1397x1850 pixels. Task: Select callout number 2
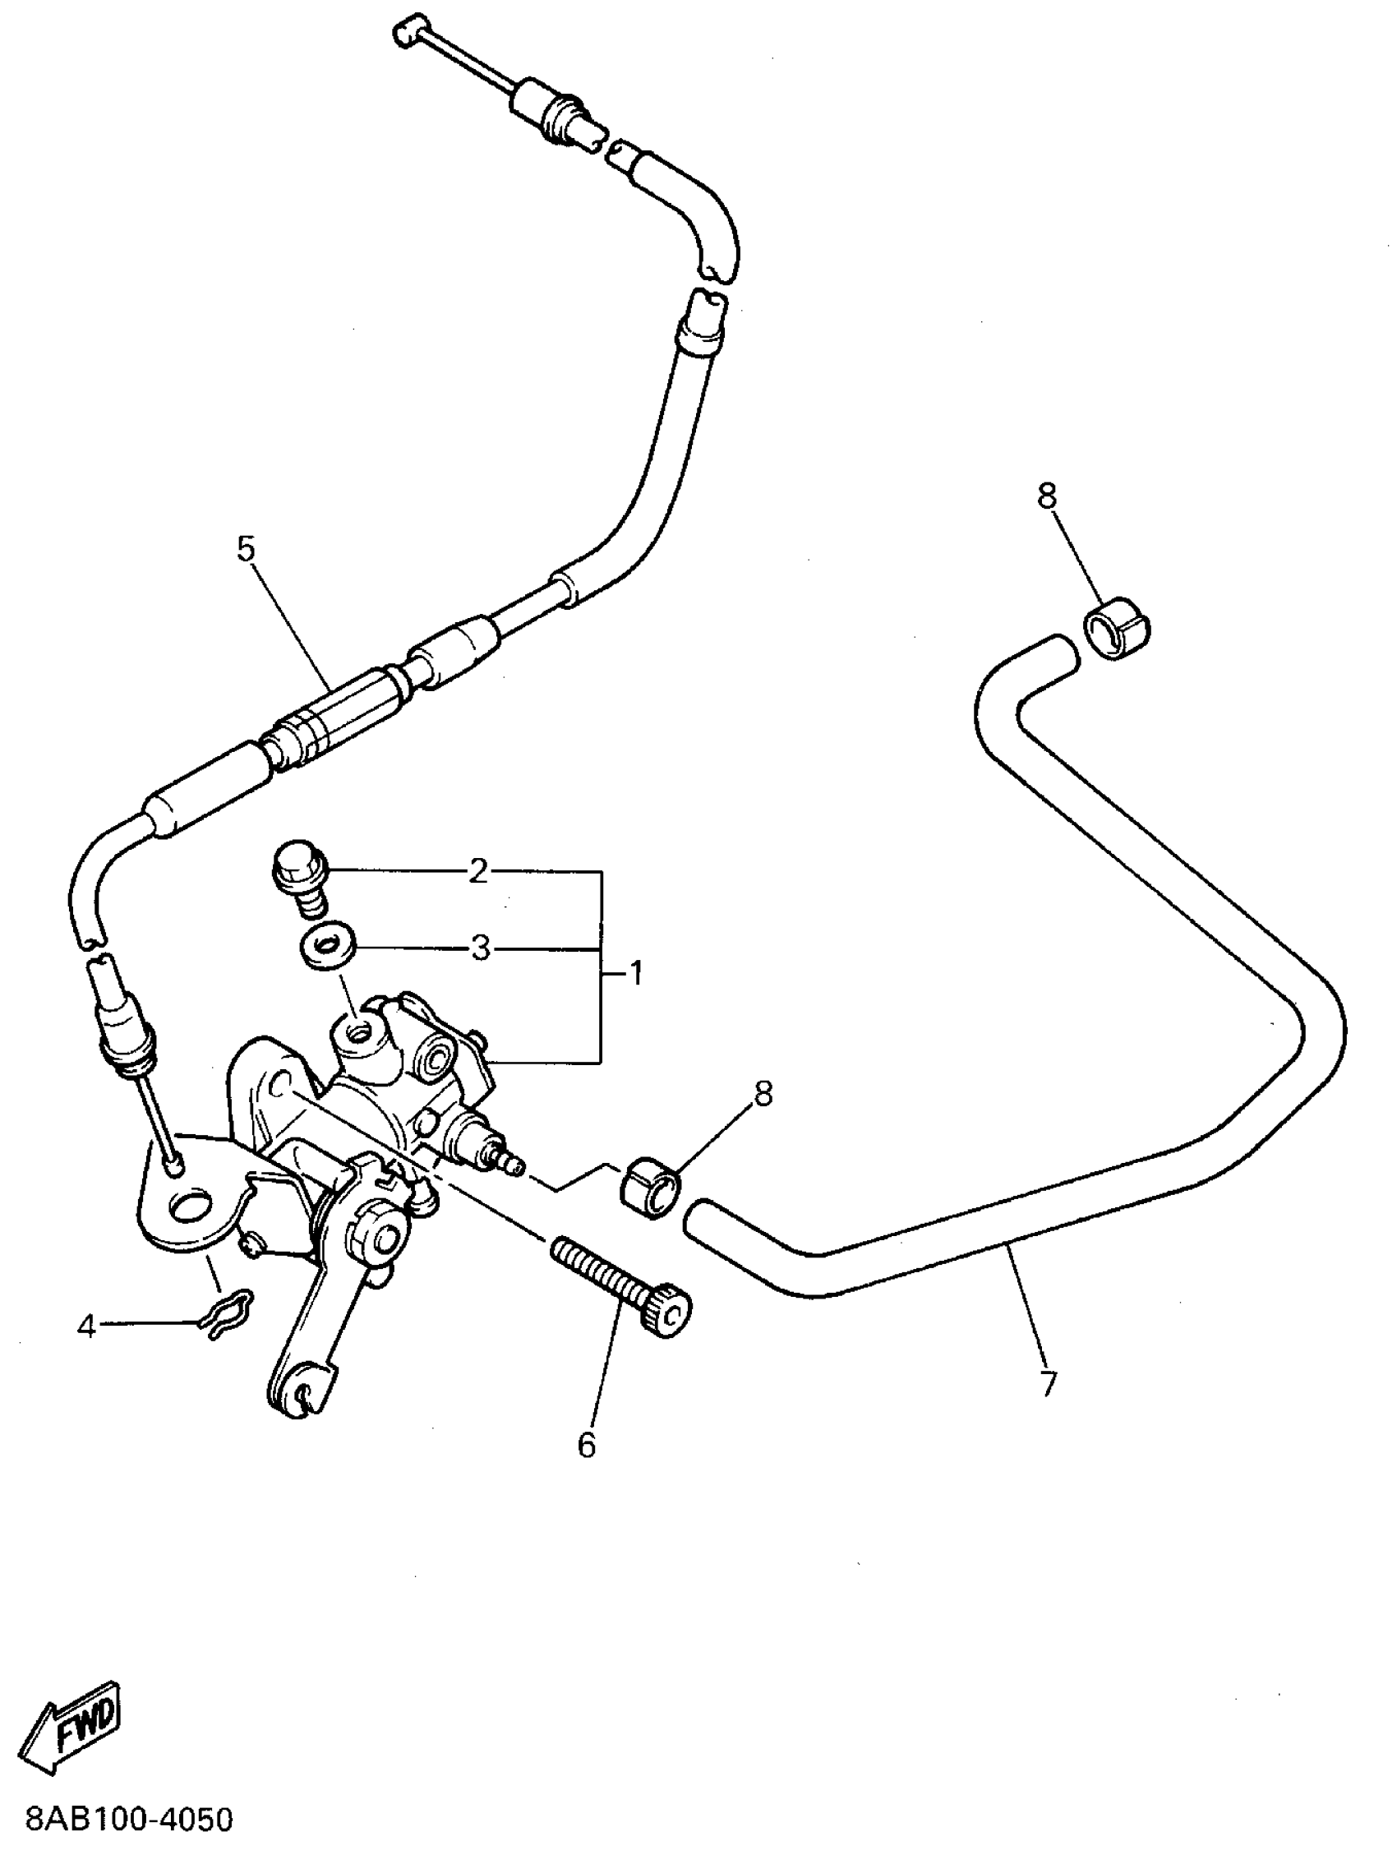tap(477, 872)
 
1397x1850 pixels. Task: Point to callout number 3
tap(480, 949)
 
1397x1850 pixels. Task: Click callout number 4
tap(87, 1326)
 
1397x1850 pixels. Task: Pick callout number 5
tap(246, 550)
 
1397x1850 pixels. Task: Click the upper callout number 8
tap(1047, 496)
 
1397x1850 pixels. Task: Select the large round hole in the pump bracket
tap(191, 1206)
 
